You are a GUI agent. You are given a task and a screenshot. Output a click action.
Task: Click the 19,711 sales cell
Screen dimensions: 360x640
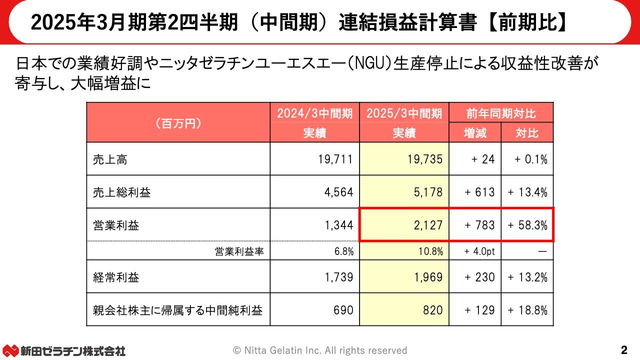click(335, 159)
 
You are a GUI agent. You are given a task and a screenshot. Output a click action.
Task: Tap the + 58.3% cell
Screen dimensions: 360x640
click(527, 225)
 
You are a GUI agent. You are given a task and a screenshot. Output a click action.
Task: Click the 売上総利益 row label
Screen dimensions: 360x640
click(121, 192)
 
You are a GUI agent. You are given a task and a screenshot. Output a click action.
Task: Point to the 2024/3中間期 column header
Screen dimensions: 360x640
click(314, 113)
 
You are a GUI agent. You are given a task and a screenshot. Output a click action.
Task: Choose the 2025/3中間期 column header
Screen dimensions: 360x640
click(404, 113)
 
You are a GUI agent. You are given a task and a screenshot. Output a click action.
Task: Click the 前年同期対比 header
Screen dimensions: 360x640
click(501, 113)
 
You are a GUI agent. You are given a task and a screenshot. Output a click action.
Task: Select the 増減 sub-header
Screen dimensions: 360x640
click(475, 133)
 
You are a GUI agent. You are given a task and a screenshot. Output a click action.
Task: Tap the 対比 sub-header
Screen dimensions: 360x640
click(527, 133)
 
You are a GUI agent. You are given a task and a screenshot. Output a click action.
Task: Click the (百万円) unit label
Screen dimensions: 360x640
click(178, 123)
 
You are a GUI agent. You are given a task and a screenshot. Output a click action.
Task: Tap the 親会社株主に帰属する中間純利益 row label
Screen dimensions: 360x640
click(177, 310)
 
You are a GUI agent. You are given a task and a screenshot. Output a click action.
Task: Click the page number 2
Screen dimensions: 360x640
click(623, 349)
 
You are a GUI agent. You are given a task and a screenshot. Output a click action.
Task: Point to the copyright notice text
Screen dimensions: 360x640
click(320, 350)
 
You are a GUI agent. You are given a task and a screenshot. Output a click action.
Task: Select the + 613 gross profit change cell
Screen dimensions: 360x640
click(479, 192)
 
